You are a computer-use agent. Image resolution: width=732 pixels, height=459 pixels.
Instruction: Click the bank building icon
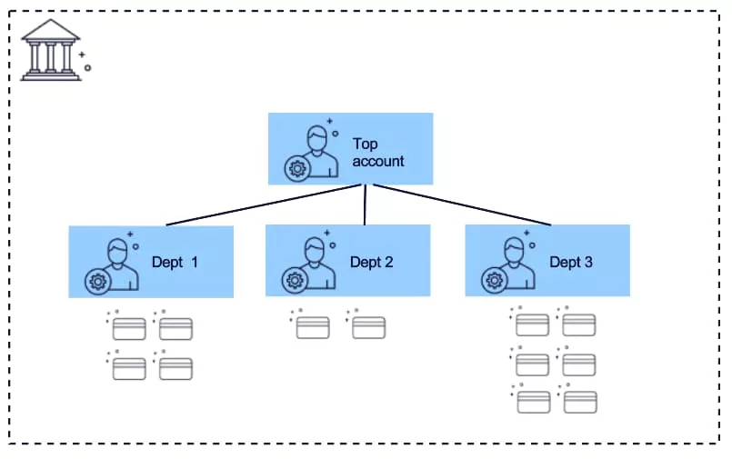[51, 50]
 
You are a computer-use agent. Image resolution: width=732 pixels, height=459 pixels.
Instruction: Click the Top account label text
[377, 153]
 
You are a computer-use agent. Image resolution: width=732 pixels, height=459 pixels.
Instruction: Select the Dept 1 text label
[175, 263]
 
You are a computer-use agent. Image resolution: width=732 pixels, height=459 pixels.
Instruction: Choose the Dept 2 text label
[372, 263]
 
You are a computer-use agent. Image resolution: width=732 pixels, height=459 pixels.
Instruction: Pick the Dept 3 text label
[571, 263]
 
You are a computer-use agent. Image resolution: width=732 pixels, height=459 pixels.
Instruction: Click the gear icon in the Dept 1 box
[96, 281]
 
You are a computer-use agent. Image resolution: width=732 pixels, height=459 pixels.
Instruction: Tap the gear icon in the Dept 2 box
[294, 280]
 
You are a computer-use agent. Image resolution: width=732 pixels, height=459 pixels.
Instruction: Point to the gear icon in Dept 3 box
[494, 280]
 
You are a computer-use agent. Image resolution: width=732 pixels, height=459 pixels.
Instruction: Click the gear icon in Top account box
[296, 168]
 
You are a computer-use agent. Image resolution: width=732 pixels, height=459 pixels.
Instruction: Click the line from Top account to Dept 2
[365, 205]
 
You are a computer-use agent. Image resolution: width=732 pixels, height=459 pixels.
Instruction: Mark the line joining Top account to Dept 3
[462, 205]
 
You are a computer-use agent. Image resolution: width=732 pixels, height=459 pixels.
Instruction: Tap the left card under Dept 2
[313, 327]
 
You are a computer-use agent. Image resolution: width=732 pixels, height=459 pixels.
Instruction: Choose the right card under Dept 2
[368, 327]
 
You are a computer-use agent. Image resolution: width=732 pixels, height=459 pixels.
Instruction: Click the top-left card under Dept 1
[129, 329]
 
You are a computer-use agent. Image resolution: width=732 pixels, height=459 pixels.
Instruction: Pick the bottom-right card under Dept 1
[175, 369]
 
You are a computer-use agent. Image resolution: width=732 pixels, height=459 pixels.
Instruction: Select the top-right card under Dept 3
[579, 324]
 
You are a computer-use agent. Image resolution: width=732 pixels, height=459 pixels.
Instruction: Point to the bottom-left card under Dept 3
[533, 402]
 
